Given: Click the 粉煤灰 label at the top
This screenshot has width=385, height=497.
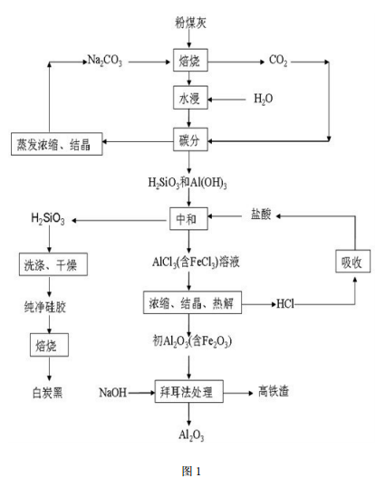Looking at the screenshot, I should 190,20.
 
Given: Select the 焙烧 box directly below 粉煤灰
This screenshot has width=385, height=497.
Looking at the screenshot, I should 190,62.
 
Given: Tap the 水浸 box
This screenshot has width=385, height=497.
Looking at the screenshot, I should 190,98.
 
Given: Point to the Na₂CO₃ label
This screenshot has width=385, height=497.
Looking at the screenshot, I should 104,62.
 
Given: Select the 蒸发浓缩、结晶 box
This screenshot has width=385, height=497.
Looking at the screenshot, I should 57,143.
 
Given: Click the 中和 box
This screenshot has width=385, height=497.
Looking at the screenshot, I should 188,219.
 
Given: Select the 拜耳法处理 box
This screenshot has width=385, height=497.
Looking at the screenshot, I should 188,392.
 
